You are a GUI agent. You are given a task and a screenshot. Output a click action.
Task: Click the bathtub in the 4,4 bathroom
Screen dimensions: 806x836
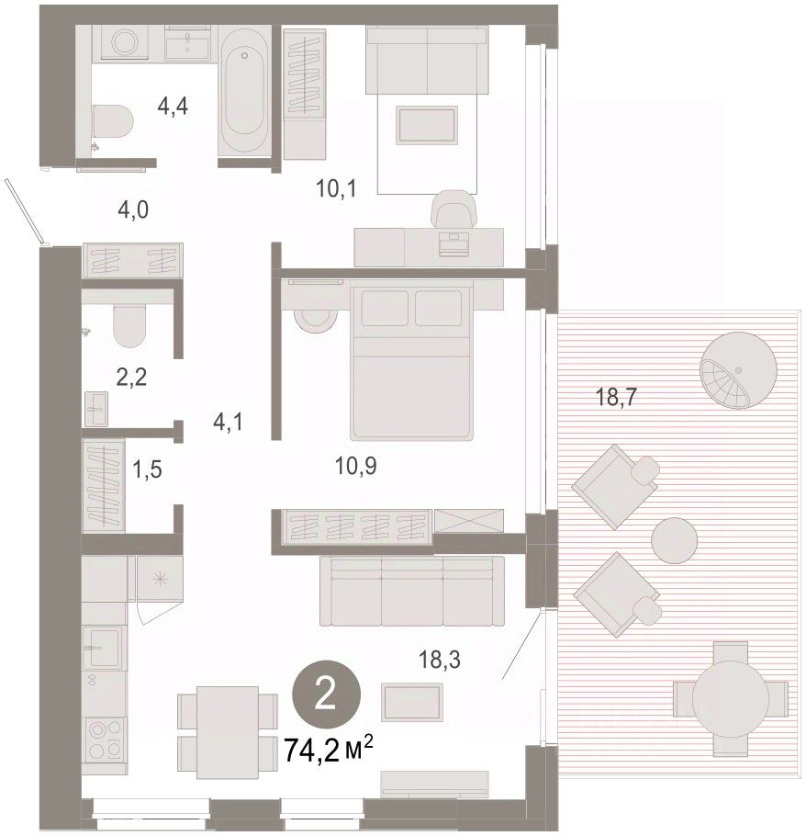(244, 91)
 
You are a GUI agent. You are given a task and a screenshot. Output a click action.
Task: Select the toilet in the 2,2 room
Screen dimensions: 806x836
(129, 324)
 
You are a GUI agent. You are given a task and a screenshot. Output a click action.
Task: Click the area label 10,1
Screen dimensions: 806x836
(336, 188)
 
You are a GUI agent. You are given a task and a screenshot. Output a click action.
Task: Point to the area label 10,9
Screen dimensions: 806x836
(356, 466)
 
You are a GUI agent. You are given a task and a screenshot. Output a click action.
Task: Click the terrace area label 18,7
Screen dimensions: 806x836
(616, 397)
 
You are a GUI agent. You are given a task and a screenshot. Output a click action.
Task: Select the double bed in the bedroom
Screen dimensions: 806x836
(411, 363)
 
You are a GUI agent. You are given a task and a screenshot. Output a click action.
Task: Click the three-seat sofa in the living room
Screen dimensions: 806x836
(412, 591)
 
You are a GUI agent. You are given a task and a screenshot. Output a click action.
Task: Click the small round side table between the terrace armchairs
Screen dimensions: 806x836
(674, 540)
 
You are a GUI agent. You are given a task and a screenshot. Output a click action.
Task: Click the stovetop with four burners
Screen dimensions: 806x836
(106, 740)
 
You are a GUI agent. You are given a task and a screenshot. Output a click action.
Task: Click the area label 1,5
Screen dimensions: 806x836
(147, 470)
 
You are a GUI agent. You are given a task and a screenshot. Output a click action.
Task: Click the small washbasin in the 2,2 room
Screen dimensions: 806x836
(96, 409)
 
